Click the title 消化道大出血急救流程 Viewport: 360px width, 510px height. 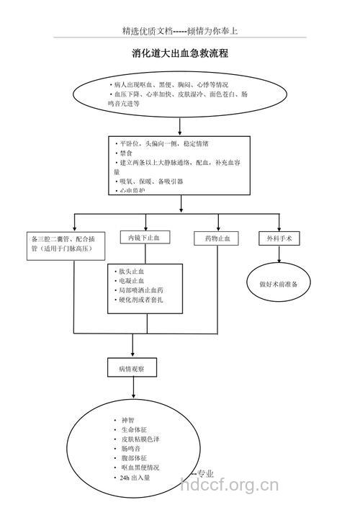coord(180,54)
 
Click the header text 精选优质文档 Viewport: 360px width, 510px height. coord(147,31)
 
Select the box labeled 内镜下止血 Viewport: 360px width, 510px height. coord(149,238)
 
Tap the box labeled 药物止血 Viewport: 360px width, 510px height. coord(217,238)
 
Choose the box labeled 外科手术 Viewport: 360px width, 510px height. coord(279,238)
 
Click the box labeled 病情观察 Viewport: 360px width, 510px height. coord(132,368)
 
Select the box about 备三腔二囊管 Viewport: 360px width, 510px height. coord(66,243)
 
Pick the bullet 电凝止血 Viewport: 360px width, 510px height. coord(132,280)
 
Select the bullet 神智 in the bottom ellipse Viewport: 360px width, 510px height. coord(127,419)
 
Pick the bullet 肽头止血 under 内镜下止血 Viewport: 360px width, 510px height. coord(132,271)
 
